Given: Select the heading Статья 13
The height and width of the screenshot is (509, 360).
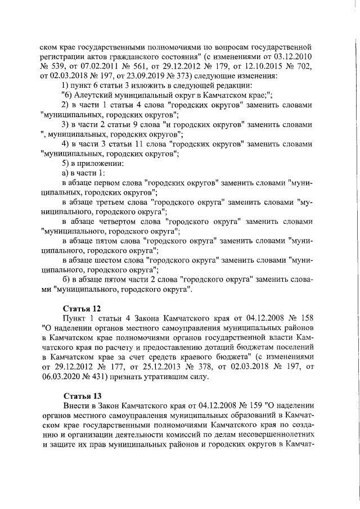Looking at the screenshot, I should pos(82,395).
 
